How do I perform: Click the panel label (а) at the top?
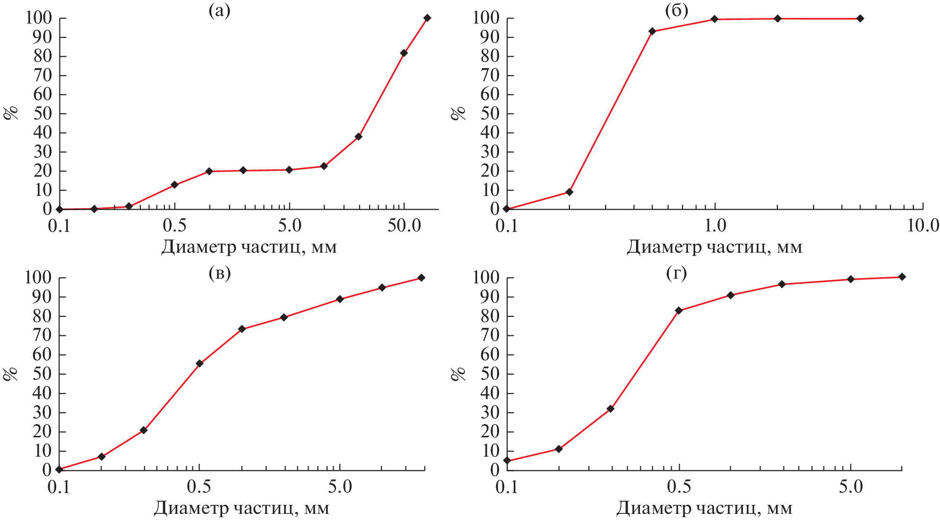point(219,11)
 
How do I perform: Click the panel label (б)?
point(676,11)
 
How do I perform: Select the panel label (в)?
point(219,273)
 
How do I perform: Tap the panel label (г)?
point(676,273)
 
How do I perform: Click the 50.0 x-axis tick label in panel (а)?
point(404,225)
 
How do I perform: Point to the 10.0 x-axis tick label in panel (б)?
point(923,225)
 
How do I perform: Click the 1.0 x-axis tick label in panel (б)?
point(715,225)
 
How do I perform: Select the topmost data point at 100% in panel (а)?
point(427,18)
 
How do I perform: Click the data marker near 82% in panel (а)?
point(404,53)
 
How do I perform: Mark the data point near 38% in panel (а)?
point(358,136)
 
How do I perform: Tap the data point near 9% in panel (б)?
point(569,192)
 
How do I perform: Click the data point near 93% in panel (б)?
point(652,31)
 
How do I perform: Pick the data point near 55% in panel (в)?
point(199,364)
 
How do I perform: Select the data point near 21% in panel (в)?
point(144,430)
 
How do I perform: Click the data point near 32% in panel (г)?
point(610,409)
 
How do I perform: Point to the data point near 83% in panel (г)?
point(679,310)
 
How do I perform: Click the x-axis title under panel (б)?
point(714,247)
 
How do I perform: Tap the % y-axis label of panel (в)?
point(10,374)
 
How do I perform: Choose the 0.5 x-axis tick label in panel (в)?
point(199,486)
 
